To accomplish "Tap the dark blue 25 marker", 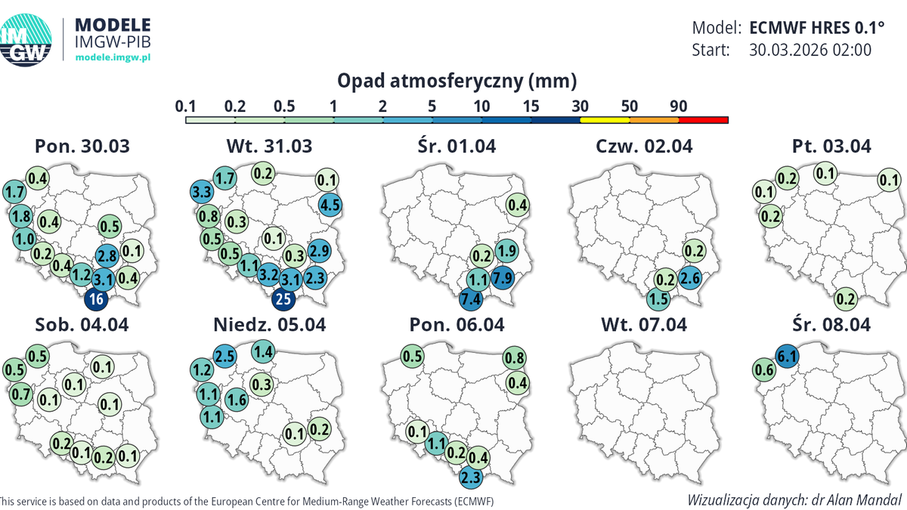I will click(283, 299).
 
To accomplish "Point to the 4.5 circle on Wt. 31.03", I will click(331, 203).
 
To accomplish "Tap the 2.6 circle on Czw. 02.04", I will click(689, 277).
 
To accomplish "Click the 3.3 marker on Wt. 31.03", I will click(200, 191).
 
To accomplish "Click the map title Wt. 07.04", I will click(644, 325).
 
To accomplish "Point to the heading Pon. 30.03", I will click(82, 146).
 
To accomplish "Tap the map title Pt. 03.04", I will click(830, 146).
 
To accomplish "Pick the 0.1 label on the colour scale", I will click(184, 107).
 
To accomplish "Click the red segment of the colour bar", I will click(703, 119).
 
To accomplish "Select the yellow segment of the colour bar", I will click(605, 119).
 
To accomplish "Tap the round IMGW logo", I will click(25, 39).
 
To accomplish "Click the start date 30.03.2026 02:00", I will click(810, 50).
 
